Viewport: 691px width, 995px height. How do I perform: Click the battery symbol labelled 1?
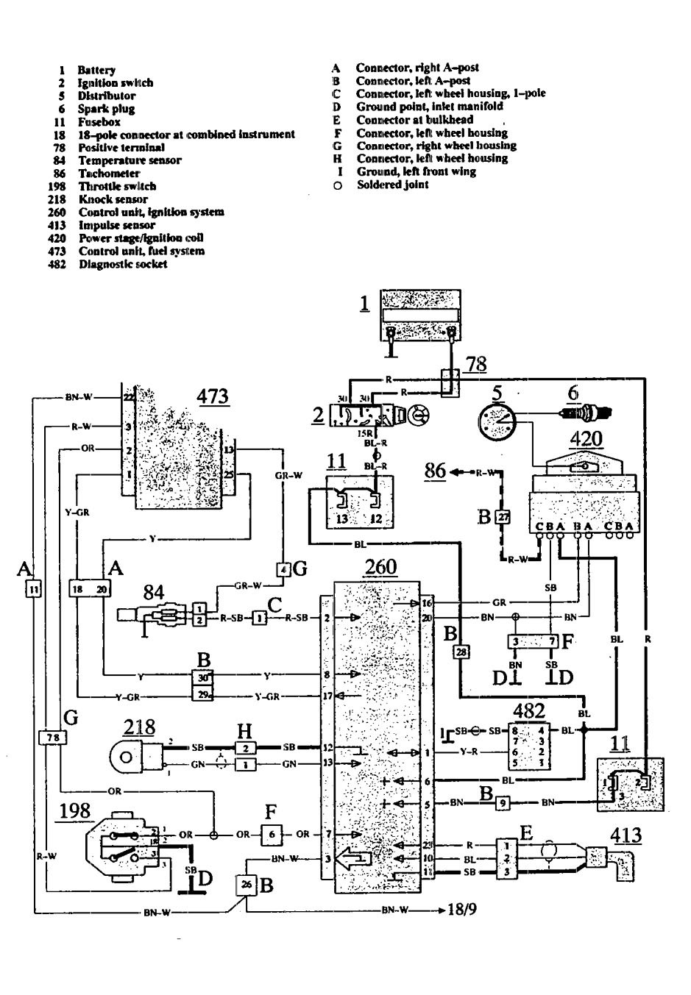coord(419,314)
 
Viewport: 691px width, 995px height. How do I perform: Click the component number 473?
coord(212,396)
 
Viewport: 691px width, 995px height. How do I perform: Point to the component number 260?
coord(380,567)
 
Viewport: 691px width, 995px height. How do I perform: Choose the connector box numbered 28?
coord(461,651)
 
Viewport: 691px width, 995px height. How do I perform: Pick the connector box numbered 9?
coord(503,803)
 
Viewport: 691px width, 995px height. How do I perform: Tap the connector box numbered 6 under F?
coord(272,835)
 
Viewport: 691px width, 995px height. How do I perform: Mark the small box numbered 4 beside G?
coord(283,568)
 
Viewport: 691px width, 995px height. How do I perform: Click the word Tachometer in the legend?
coord(109,174)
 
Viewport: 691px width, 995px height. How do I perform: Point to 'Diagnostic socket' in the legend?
coord(123,264)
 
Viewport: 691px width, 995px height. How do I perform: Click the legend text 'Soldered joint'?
coord(392,185)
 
